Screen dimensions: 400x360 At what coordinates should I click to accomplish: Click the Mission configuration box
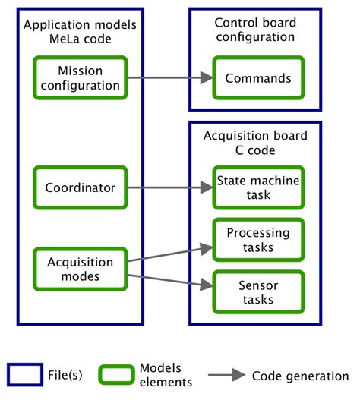click(x=80, y=77)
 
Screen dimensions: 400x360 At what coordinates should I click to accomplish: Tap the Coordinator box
click(x=80, y=187)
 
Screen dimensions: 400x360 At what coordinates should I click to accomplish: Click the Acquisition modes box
click(x=80, y=269)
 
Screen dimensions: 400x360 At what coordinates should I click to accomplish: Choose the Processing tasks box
click(x=258, y=241)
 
